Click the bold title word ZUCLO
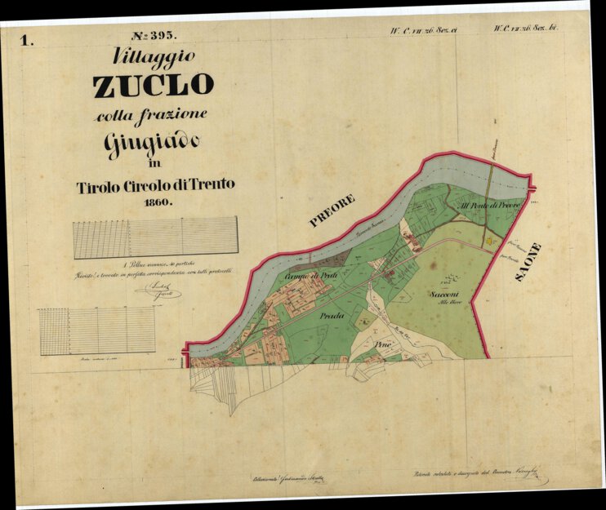coord(154,85)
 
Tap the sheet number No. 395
coord(153,36)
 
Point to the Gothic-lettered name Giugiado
coord(151,143)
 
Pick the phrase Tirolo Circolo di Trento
coord(155,185)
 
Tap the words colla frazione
coord(151,115)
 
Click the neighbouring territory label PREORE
coord(332,210)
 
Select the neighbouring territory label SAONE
coord(528,262)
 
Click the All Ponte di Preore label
coord(489,205)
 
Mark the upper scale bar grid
coord(155,237)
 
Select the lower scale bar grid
coord(96,330)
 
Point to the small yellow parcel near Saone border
coord(489,241)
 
